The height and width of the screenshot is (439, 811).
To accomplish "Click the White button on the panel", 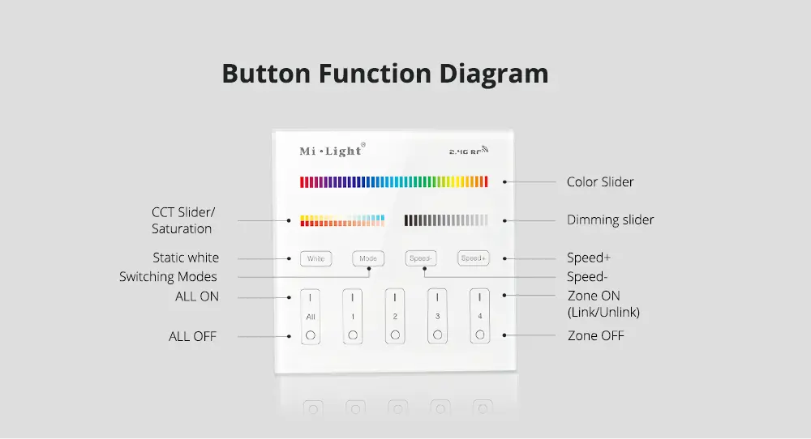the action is (x=315, y=258).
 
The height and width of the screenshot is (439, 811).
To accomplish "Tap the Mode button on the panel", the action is (x=368, y=258).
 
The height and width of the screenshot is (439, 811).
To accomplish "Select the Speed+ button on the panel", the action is (x=474, y=258).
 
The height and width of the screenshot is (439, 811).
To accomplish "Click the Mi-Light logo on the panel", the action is (x=332, y=151).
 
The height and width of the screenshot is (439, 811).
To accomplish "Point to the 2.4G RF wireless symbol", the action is (x=469, y=151).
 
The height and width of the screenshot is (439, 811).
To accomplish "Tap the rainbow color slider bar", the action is (x=393, y=181).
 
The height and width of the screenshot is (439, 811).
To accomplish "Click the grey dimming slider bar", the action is (x=446, y=220).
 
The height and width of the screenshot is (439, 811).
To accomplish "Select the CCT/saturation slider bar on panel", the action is (x=342, y=220).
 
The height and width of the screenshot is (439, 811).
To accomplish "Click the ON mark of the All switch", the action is (x=311, y=297).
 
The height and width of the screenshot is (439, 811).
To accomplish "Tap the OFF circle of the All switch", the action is (x=311, y=335).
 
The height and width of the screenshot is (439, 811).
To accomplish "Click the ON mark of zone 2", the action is (x=395, y=297).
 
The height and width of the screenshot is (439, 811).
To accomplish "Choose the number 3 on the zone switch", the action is (x=437, y=316).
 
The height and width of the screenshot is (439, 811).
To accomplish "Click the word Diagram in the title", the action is (x=493, y=74).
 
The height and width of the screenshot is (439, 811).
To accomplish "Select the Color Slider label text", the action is (x=600, y=181).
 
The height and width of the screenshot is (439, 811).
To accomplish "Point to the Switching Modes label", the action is (x=168, y=277).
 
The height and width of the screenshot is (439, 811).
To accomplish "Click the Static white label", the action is (x=186, y=258).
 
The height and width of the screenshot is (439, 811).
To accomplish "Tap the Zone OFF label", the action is (x=596, y=335).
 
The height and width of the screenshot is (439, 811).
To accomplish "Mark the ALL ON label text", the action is (x=197, y=296).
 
